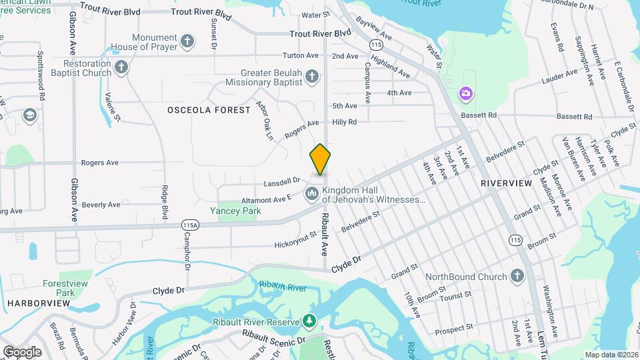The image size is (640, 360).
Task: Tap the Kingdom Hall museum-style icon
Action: (x=311, y=194)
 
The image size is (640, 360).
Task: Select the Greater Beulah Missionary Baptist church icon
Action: (x=311, y=78)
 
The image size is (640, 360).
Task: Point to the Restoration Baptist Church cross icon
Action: (x=121, y=67)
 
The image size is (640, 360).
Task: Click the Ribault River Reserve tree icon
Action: (x=309, y=322)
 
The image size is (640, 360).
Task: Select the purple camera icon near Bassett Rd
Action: (x=465, y=93)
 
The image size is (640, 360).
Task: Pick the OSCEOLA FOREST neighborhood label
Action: (x=209, y=109)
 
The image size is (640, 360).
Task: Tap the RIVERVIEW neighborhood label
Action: (x=506, y=183)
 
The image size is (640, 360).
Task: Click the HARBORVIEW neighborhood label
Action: (x=39, y=303)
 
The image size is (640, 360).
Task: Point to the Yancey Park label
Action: (x=235, y=211)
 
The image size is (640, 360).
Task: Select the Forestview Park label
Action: (x=65, y=287)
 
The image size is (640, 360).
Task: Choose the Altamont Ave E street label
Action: (x=267, y=199)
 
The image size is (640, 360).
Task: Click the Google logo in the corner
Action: (x=22, y=351)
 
